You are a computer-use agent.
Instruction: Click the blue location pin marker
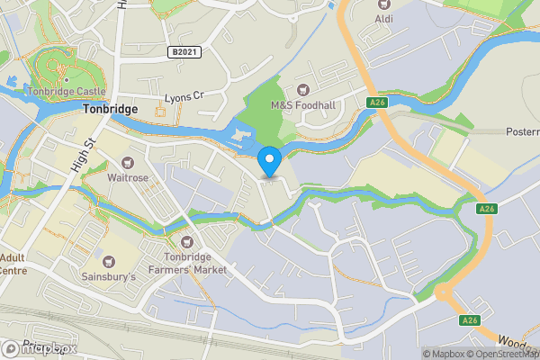click(269, 162)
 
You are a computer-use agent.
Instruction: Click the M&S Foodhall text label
click(303, 105)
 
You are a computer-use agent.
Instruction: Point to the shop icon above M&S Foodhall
click(303, 89)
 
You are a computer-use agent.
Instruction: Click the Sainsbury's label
click(108, 276)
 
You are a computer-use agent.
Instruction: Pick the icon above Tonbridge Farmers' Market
click(187, 241)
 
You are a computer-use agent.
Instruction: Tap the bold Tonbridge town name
click(110, 109)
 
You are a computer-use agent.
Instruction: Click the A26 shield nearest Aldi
click(377, 103)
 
